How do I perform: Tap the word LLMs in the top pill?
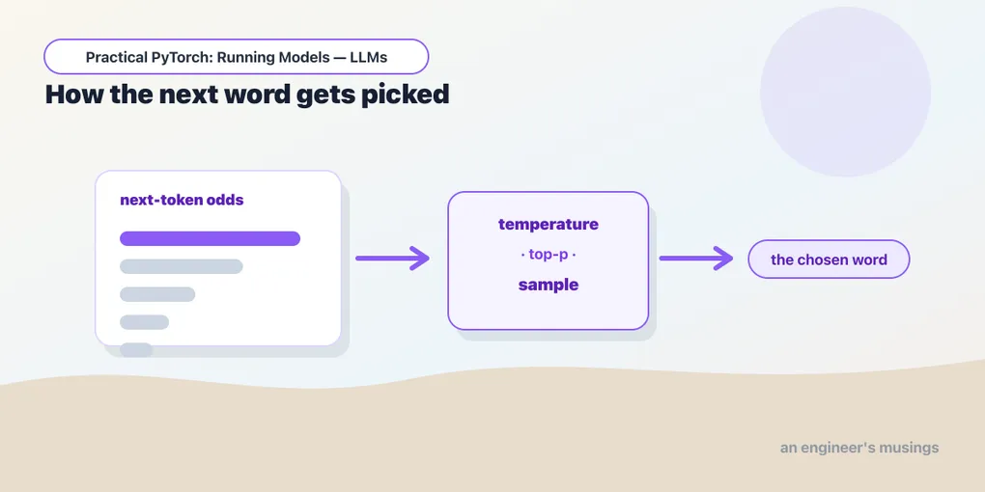[371, 58]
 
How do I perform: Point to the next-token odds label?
[182, 201]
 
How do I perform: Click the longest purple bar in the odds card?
[210, 238]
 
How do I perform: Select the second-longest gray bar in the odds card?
[181, 266]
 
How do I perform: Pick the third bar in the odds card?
[157, 293]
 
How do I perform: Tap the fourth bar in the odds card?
[145, 322]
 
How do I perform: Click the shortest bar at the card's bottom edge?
[136, 349]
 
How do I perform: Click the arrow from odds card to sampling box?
[392, 258]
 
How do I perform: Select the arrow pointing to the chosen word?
[696, 258]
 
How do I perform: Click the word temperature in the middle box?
[549, 224]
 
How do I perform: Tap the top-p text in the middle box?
[549, 255]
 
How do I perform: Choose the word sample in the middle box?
[549, 285]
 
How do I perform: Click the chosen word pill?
[829, 259]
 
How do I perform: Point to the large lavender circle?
[846, 92]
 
